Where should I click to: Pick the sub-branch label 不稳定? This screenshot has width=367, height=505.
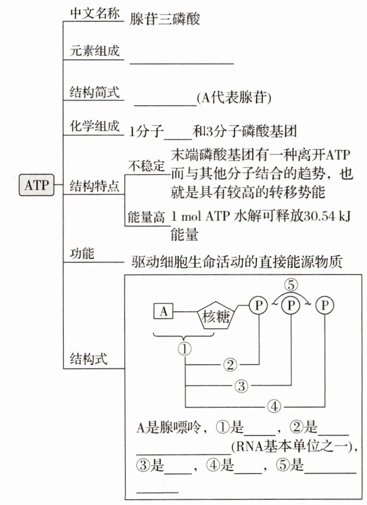pos(146,166)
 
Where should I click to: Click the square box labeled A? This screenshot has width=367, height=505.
pos(163,312)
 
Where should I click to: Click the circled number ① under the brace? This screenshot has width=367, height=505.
pos(185,348)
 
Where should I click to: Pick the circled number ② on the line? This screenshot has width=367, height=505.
pos(230,365)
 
